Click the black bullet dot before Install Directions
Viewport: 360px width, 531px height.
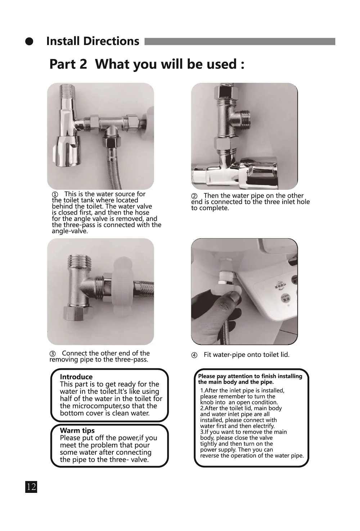[29, 41]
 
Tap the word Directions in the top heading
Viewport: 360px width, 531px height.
[111, 41]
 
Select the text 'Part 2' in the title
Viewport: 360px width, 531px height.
[68, 64]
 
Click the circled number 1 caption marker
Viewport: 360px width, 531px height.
[55, 194]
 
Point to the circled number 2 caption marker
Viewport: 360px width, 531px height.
[194, 196]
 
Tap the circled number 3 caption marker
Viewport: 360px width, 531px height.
[52, 354]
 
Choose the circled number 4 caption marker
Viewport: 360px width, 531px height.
[194, 355]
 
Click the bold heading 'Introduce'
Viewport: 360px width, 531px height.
[76, 377]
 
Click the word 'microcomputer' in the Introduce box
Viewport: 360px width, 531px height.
[97, 406]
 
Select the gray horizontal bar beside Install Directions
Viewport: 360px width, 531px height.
[240, 41]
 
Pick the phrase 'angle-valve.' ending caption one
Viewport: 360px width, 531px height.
[70, 231]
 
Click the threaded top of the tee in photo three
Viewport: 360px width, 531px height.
[80, 260]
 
